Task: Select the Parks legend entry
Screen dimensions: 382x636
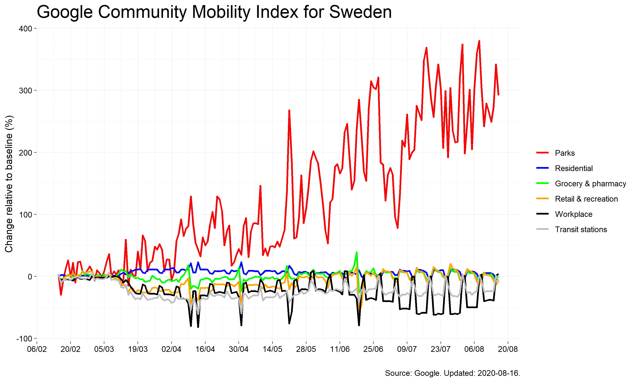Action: [x=565, y=153]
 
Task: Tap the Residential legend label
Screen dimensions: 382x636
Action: [x=573, y=168]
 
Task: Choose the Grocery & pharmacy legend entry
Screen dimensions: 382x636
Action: [x=590, y=184]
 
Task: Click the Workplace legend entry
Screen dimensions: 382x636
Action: [x=573, y=214]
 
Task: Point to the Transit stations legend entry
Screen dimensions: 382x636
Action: [x=581, y=229]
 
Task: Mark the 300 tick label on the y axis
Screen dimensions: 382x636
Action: [x=25, y=91]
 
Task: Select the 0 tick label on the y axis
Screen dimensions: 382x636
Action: [x=30, y=277]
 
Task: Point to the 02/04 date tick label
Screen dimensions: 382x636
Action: [x=172, y=349]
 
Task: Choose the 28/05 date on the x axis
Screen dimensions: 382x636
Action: [x=306, y=349]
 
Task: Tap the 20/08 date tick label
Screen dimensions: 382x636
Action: [x=508, y=349]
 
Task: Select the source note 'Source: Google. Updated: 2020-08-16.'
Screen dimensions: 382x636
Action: [x=452, y=373]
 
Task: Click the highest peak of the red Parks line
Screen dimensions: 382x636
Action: [x=479, y=41]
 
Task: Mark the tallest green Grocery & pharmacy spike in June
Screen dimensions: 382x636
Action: [x=357, y=253]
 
